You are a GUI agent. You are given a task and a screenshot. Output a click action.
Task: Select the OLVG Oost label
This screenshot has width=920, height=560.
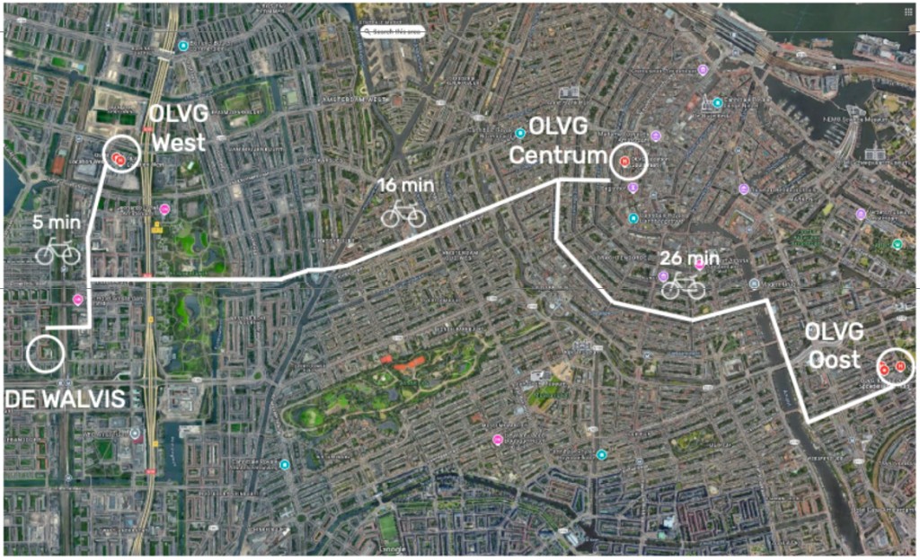point(833,345)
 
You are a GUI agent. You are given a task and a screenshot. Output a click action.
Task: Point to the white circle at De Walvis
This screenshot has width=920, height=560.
point(46,354)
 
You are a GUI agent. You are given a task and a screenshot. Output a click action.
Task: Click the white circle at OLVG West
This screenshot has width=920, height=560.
point(120,155)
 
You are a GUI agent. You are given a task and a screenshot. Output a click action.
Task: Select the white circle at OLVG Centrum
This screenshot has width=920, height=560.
point(628,161)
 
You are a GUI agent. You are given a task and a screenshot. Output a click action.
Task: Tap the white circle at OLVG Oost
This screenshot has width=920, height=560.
point(896,366)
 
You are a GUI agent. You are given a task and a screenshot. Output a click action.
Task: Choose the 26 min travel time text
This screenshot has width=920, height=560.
point(689,258)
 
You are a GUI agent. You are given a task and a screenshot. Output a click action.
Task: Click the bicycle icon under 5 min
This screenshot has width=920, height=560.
point(57,252)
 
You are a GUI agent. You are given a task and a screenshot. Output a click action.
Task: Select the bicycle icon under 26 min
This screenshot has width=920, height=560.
point(683,286)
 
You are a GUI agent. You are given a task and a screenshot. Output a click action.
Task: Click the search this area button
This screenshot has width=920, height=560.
point(392,31)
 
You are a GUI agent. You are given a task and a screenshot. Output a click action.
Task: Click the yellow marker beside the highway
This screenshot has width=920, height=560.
point(157,229)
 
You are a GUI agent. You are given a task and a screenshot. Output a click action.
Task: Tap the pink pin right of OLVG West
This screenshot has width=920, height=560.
point(164,209)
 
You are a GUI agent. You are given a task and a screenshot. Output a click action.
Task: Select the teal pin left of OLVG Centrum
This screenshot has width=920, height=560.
point(519,133)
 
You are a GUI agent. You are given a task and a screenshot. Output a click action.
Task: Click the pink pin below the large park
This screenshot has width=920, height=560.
point(497,439)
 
